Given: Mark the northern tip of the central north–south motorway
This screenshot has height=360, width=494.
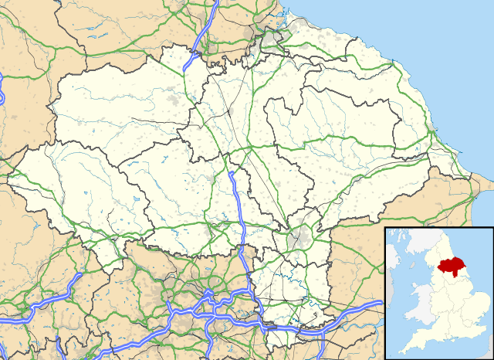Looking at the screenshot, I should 231,173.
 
